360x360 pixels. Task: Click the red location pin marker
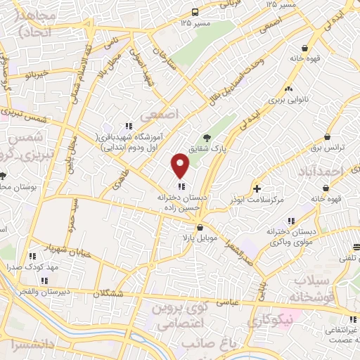click(x=181, y=166)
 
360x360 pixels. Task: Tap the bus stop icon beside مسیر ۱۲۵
click(x=194, y=12)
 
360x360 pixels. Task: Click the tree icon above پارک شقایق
click(x=206, y=137)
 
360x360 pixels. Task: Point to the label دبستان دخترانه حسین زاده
click(x=181, y=203)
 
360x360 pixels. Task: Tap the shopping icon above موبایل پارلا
click(x=200, y=227)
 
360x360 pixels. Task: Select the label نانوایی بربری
click(x=287, y=101)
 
